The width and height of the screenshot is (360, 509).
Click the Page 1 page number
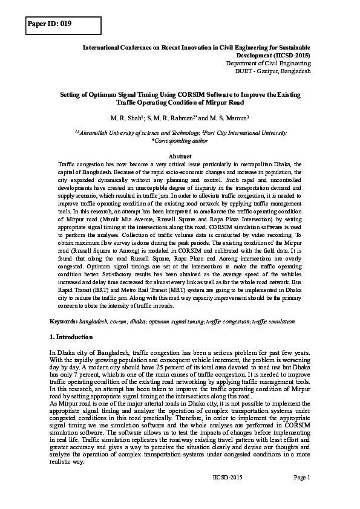301,478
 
